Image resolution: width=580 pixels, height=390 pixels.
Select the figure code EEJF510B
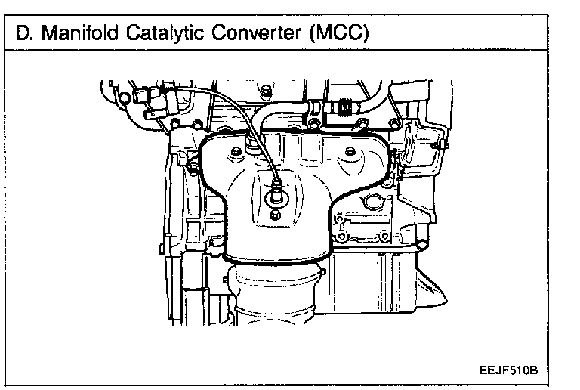point(511,371)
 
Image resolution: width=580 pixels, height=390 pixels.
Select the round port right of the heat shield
point(370,203)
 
